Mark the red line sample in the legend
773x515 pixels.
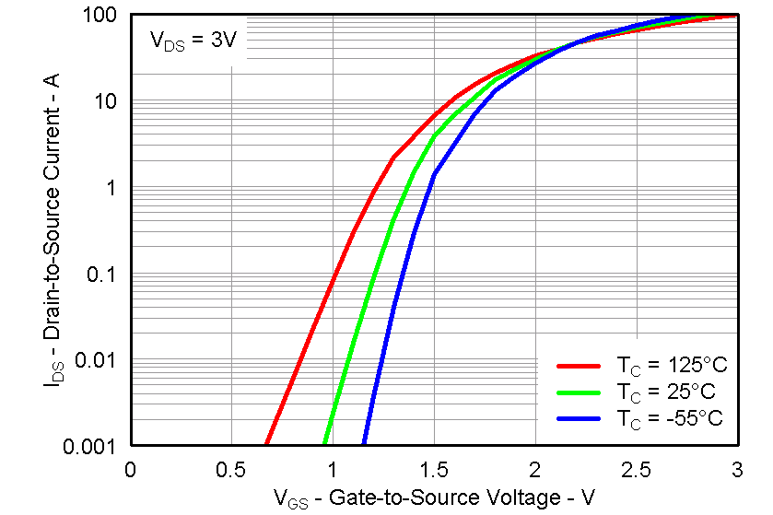point(580,366)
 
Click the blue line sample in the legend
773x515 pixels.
point(580,417)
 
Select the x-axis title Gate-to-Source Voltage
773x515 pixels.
point(433,498)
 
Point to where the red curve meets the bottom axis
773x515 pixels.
point(267,444)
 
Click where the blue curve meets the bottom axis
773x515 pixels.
point(366,444)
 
